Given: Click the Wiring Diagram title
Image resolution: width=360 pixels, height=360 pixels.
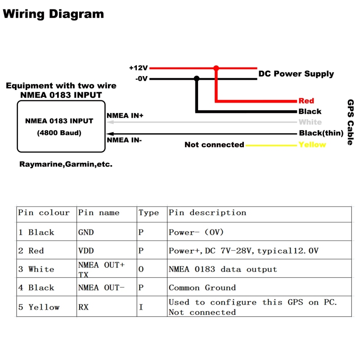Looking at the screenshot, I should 53,13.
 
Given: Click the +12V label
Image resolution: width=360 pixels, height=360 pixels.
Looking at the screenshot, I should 138,68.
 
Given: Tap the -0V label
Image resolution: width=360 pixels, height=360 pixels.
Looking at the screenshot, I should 141,78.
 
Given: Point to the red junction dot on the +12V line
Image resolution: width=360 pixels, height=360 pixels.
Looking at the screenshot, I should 216,68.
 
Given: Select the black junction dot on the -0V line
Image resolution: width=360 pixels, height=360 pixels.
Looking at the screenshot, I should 196,79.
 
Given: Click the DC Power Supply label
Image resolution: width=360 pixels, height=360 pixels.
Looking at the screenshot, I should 296,74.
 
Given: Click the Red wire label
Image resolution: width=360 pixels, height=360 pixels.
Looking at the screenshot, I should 306,101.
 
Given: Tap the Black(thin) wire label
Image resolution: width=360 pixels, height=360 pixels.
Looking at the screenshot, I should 321,133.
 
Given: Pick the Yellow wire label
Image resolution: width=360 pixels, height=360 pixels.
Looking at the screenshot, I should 312,144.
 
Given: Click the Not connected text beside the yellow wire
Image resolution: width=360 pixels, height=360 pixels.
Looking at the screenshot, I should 214,144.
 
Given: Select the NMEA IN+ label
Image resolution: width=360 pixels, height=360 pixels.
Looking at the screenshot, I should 125,116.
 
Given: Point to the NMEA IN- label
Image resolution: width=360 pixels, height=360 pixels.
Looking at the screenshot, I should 124,140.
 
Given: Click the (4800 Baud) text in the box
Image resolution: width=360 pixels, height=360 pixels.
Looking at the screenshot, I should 59,133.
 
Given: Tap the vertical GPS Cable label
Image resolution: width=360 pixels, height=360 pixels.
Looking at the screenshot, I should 350,122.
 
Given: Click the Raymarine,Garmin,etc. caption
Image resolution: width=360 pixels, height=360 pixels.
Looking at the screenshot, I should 66,164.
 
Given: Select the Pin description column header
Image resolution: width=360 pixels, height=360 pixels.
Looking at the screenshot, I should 207,213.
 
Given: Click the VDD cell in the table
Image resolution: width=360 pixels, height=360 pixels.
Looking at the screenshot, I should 86,251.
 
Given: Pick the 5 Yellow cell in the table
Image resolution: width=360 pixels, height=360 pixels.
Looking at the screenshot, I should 39,307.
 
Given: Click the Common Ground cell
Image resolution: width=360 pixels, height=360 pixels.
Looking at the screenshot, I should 202,288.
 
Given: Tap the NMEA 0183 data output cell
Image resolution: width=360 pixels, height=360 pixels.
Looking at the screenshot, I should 223,269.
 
